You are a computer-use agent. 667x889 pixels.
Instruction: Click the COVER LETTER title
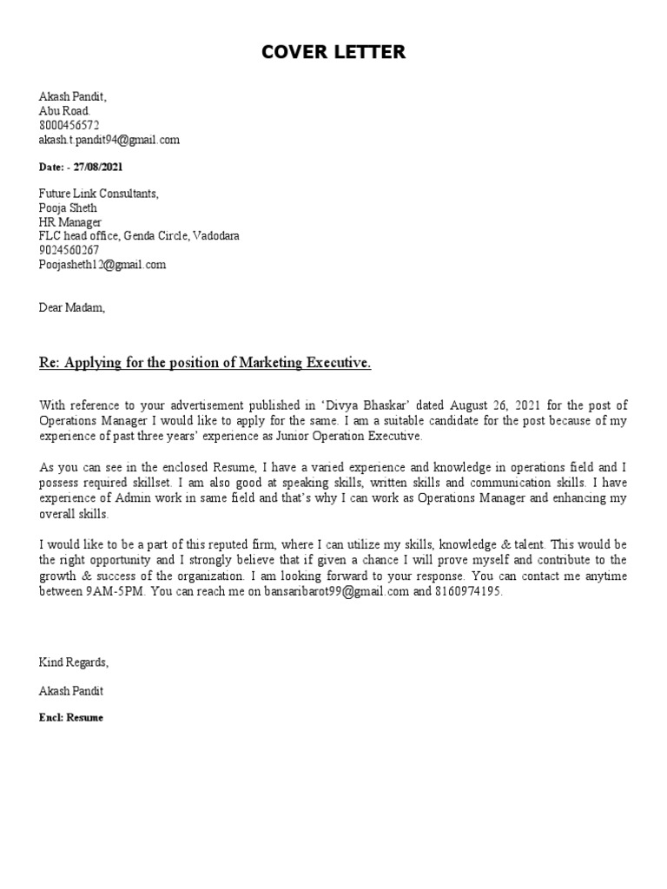tap(333, 52)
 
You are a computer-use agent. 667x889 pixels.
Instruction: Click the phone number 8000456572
tap(69, 125)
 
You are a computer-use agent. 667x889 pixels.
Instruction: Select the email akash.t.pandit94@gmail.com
tap(109, 139)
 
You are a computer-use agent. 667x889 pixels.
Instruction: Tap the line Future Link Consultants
tap(99, 194)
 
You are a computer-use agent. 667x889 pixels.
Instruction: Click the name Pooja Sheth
tap(68, 208)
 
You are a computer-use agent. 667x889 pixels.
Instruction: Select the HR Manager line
tap(70, 222)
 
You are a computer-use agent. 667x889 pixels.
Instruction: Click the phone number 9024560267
tap(69, 250)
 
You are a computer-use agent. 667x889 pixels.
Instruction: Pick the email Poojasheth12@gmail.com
tap(102, 265)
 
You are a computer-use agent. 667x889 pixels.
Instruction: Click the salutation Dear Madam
tap(71, 306)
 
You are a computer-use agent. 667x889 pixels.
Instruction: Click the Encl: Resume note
tap(71, 718)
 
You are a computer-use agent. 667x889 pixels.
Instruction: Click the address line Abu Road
tap(63, 111)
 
